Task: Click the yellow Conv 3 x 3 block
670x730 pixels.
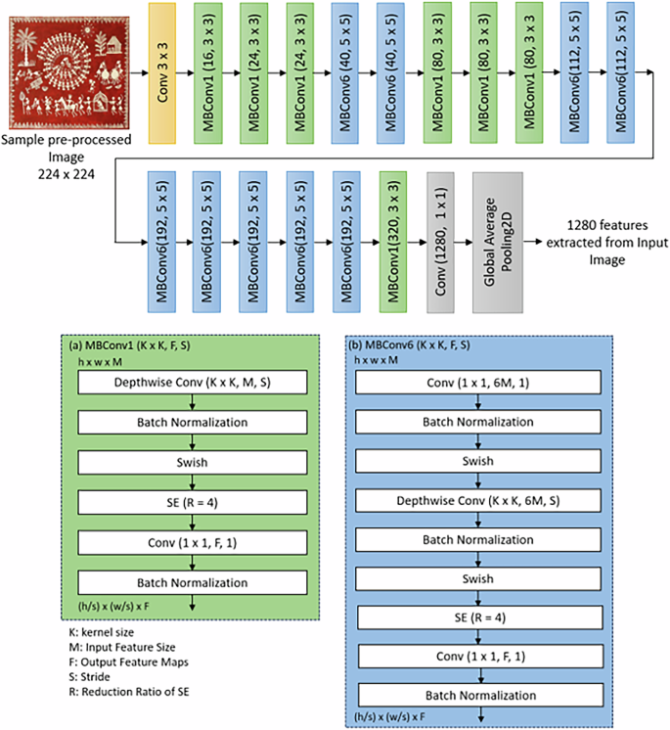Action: point(168,74)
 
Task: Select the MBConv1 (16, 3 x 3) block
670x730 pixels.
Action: point(214,74)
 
